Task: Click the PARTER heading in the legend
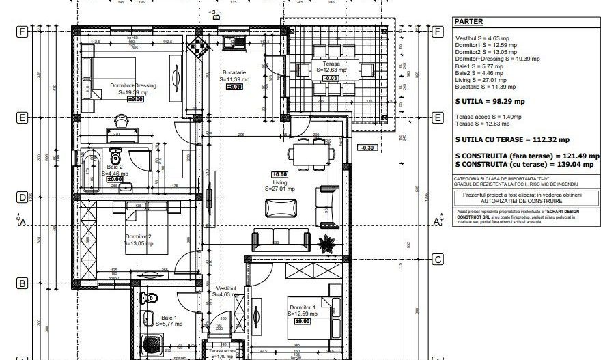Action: coord(468,21)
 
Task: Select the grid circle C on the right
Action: coord(438,259)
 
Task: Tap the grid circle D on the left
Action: coord(22,198)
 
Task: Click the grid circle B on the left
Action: coord(22,283)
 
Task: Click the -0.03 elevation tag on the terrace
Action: coord(331,78)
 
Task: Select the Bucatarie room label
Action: coord(238,72)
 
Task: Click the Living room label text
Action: coord(280,183)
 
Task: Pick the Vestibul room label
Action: coord(226,290)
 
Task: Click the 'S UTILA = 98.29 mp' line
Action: coord(490,101)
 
